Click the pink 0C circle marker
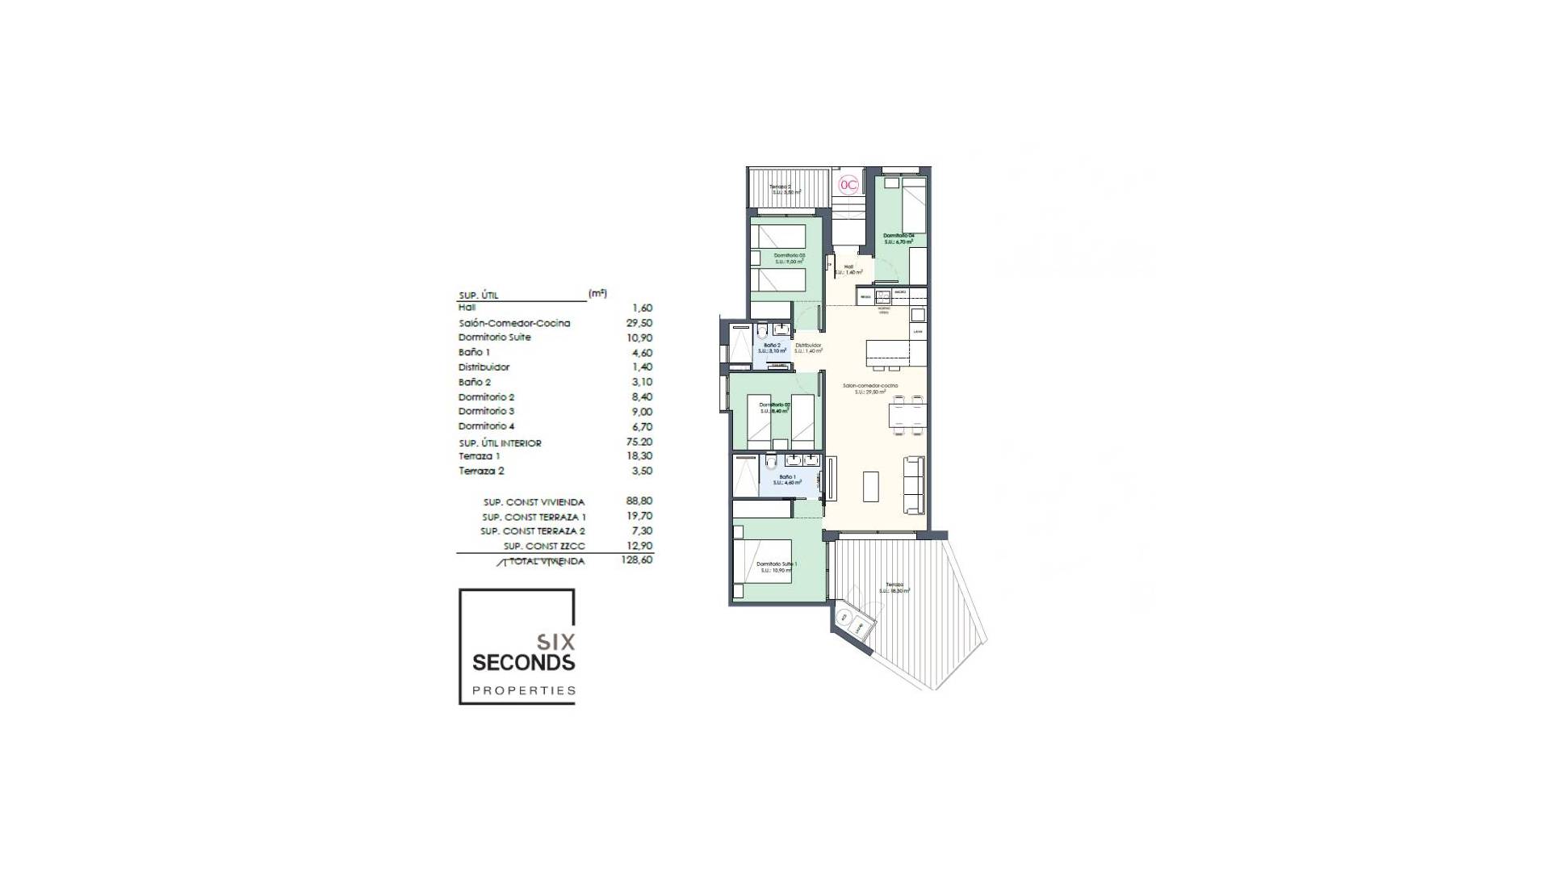848,184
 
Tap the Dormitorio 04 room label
899,238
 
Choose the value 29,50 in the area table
639,323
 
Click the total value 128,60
636,560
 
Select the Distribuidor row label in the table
484,367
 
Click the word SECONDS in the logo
523,663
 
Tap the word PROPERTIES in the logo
523,690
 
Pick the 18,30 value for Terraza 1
639,456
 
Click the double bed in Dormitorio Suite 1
761,565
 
